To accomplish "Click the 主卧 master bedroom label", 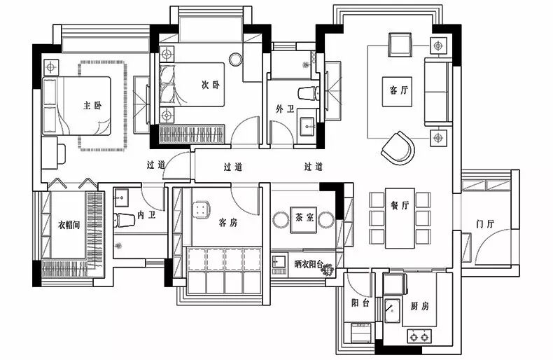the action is pos(92,106).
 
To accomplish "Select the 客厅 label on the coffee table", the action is pos(399,90).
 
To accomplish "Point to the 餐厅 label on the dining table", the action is pos(400,205).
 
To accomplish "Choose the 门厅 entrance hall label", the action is pos(485,224).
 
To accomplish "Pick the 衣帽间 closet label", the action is pos(69,225).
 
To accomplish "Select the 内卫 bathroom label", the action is pos(146,216).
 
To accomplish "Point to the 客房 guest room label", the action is pos(228,223).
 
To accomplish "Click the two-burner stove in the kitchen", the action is pos(419,336).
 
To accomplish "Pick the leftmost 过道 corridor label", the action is pos(155,165).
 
